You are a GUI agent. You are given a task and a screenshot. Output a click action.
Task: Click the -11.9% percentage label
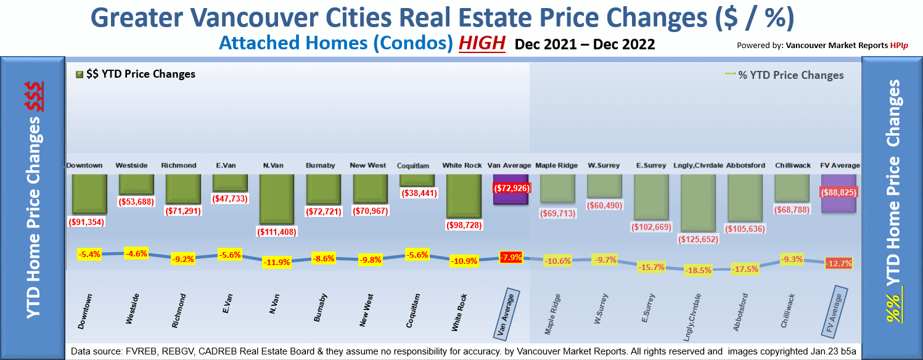click(x=277, y=263)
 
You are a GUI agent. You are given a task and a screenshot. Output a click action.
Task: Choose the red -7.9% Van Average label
click(x=511, y=257)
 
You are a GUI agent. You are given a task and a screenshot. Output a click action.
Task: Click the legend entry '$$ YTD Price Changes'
click(x=135, y=75)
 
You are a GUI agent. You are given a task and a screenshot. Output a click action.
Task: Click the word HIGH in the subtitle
click(x=482, y=44)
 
